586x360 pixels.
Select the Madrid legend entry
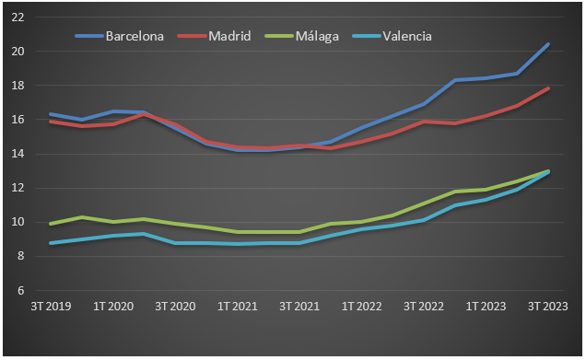231,37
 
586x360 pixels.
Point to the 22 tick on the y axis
18,17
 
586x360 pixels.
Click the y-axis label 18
18,86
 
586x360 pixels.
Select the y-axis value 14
18,154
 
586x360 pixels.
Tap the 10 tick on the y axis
18,222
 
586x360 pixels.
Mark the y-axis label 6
20,290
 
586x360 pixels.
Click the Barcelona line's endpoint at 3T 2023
548,44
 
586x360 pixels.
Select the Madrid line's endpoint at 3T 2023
548,88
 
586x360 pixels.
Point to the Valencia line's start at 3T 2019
50,243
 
